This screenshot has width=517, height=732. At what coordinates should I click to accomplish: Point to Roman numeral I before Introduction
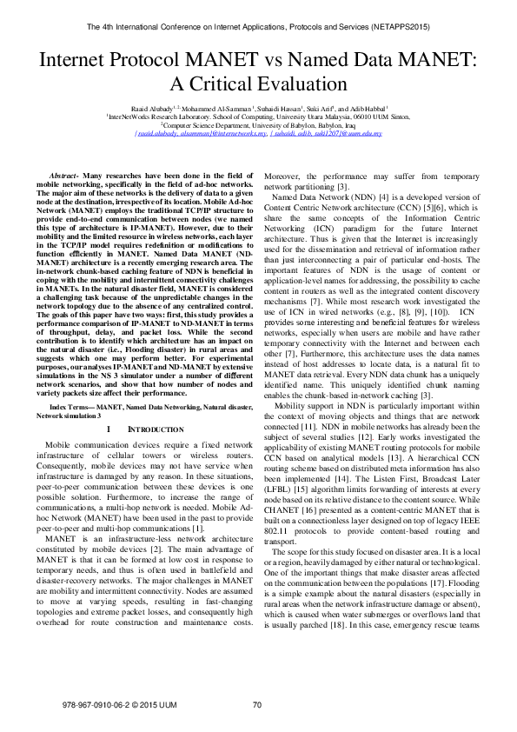[x=106, y=429]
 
